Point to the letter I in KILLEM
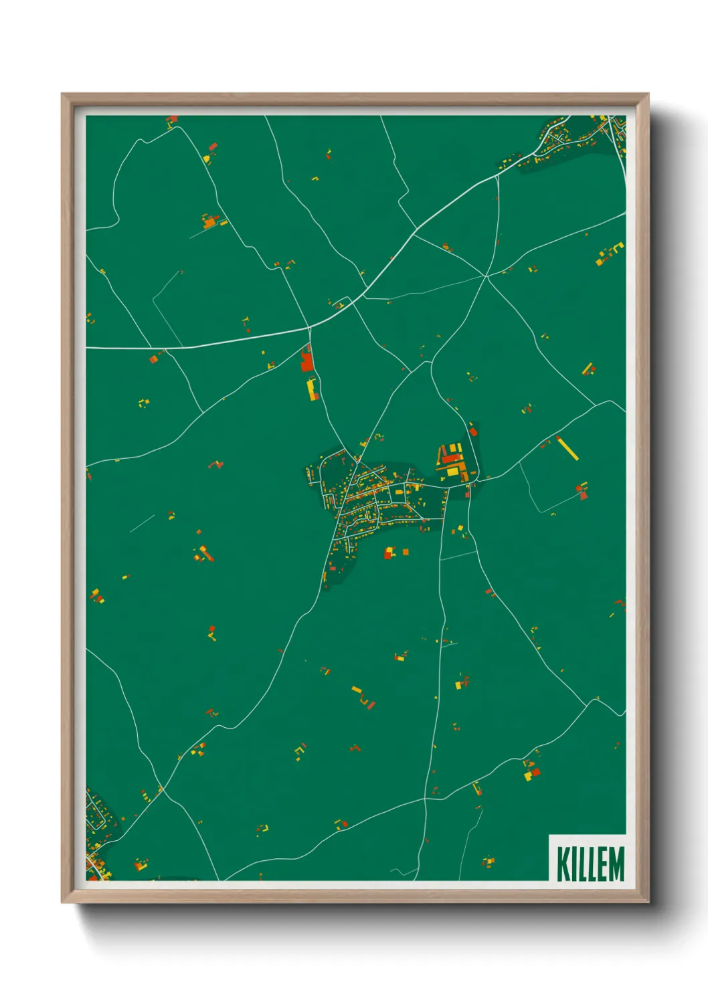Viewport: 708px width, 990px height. tap(574, 864)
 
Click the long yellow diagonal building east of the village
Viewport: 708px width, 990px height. tap(567, 448)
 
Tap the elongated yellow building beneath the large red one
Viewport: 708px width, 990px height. tap(311, 389)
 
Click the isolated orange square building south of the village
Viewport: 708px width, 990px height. tap(406, 552)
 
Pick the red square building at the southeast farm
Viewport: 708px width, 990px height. tap(535, 772)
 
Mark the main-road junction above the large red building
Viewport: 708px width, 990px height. tap(309, 328)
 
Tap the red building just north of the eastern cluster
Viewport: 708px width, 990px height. tap(473, 431)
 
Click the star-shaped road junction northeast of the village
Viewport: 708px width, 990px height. tap(486, 275)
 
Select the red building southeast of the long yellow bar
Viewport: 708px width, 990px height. tap(583, 495)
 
